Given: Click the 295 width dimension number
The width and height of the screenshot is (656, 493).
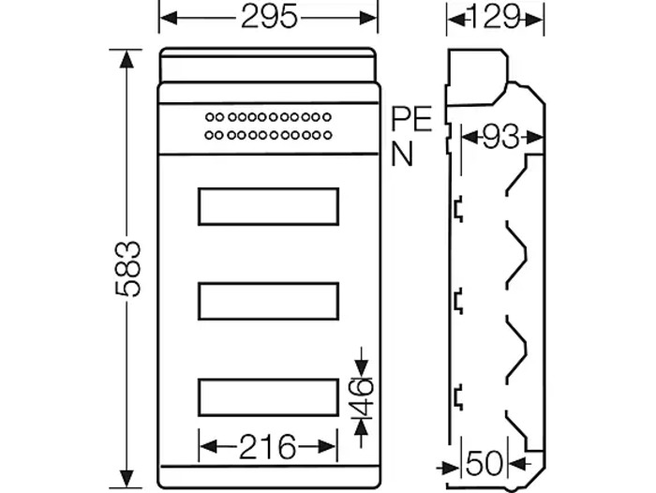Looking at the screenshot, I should click(x=268, y=16).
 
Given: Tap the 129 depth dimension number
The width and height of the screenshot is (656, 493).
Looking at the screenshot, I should click(x=494, y=16).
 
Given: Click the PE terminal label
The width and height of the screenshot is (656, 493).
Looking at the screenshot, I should click(x=411, y=120).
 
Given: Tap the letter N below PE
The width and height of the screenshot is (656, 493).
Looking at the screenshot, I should click(x=402, y=154).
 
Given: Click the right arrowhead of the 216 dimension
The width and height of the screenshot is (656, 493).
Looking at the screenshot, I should click(x=330, y=446).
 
